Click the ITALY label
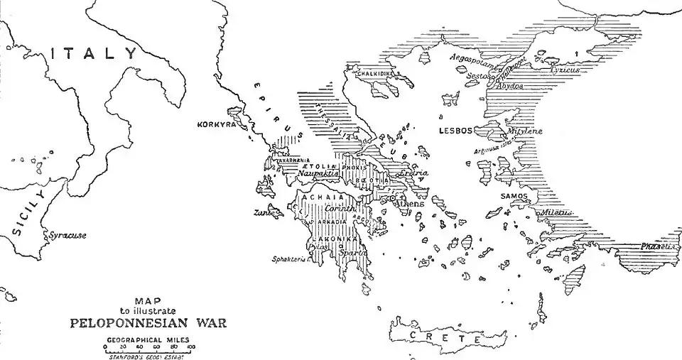click(96, 53)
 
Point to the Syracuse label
click(67, 235)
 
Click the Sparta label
click(352, 251)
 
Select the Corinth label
click(338, 209)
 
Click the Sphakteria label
click(290, 260)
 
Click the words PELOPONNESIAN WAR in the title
click(153, 321)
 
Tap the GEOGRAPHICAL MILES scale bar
click(150, 349)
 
